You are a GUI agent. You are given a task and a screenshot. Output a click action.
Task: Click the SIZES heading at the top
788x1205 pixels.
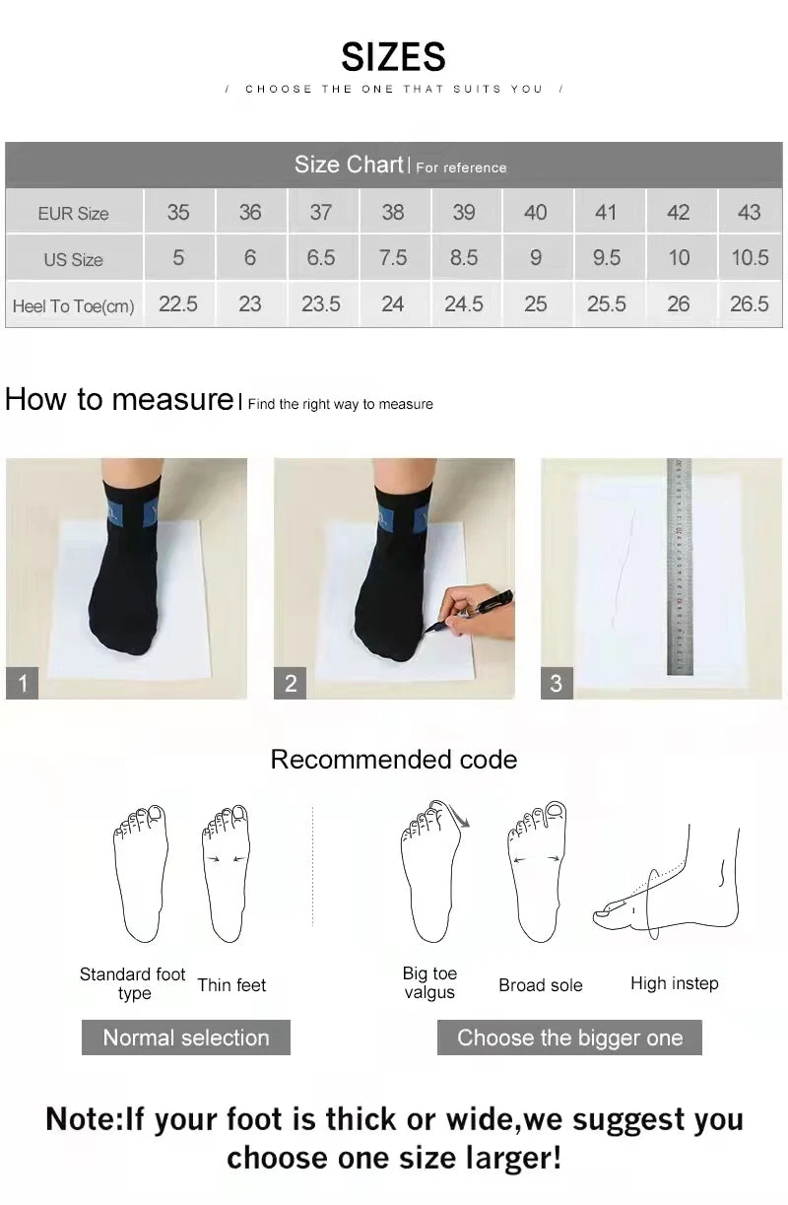[x=393, y=57]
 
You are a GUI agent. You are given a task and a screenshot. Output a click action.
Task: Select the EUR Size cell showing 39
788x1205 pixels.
[x=464, y=212]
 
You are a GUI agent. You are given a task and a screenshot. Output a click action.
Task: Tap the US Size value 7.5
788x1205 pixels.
[x=392, y=258]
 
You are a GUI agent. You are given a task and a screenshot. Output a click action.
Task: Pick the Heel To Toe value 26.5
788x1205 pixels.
[x=749, y=304]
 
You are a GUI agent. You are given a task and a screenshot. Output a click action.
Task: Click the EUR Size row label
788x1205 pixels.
[x=73, y=213]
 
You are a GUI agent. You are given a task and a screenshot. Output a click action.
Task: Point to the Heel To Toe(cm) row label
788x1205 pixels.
[x=73, y=305]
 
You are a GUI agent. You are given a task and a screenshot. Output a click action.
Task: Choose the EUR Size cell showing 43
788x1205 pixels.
[x=749, y=212]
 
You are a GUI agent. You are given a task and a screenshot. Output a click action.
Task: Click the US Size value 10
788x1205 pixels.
[x=679, y=258]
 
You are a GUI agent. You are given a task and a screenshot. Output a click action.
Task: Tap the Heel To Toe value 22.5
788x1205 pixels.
[x=178, y=304]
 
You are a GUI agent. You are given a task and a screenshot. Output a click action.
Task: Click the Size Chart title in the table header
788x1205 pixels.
[x=349, y=165]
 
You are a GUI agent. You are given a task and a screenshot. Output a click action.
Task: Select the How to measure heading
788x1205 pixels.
[x=118, y=399]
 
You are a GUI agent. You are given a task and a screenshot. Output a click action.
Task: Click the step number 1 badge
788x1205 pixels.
[x=22, y=683]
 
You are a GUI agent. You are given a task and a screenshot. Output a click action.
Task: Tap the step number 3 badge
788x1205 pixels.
[x=556, y=683]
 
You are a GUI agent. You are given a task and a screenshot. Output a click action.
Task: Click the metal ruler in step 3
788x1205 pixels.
[x=680, y=567]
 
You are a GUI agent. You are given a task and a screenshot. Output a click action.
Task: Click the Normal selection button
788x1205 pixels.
[x=185, y=1038]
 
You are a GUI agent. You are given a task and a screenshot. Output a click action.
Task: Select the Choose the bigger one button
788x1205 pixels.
[x=569, y=1038]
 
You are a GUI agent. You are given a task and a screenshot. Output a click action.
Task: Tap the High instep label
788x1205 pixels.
[x=674, y=983]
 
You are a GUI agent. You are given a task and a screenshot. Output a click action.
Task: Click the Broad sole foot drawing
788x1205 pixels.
[x=537, y=872]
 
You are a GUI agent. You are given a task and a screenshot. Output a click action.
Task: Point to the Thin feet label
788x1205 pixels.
[x=231, y=985]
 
